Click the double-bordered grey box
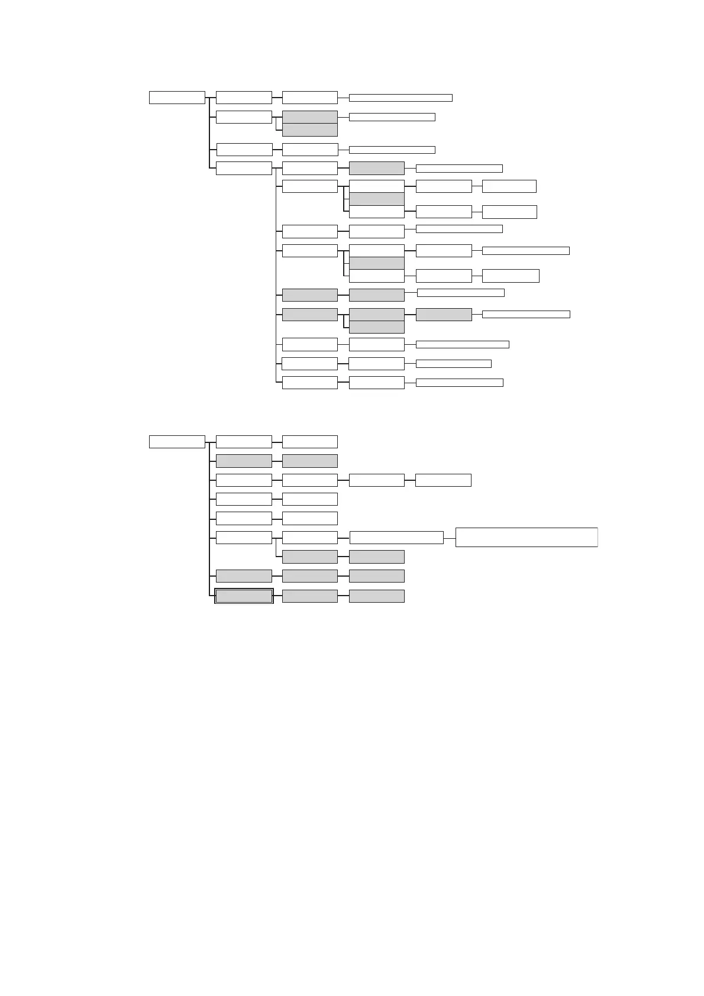point(244,596)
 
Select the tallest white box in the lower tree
point(526,537)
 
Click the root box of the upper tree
point(177,98)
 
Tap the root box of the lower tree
point(177,442)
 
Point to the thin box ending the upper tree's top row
point(401,98)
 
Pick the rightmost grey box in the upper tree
point(444,315)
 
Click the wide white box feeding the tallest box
point(396,538)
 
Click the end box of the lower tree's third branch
point(443,480)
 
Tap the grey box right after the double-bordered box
point(310,596)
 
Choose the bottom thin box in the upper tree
point(459,383)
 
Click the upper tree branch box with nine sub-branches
point(244,168)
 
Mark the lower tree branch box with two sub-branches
point(244,538)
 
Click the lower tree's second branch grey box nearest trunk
point(244,461)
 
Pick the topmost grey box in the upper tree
point(310,117)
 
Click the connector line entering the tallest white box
point(449,538)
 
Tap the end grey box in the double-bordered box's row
point(377,596)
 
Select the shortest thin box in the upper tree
point(453,364)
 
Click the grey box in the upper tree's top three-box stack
point(377,199)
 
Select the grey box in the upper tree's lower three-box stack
point(377,263)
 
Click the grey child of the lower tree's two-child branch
point(310,557)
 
